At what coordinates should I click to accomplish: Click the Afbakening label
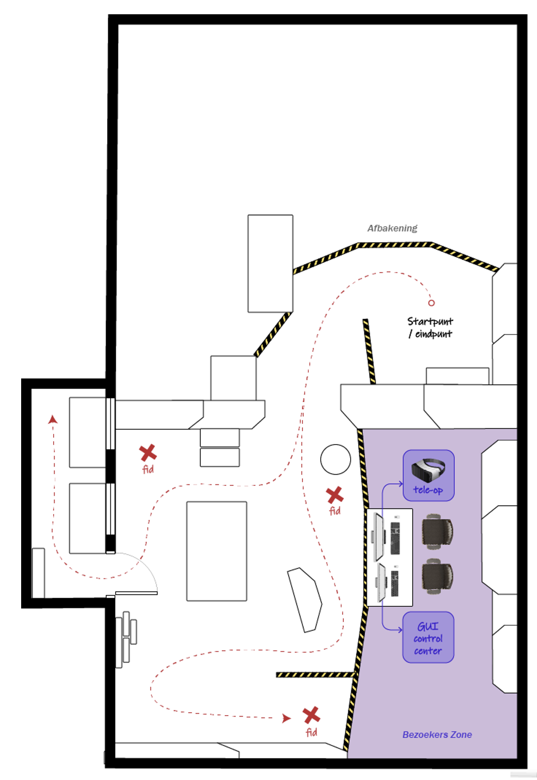pos(392,228)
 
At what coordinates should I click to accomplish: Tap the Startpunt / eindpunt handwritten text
pos(430,328)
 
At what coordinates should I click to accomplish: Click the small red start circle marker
pos(431,303)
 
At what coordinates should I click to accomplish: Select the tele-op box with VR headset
pos(428,476)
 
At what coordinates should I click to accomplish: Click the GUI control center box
pos(428,637)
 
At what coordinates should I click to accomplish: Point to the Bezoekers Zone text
pos(437,735)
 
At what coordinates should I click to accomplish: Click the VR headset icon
pos(428,469)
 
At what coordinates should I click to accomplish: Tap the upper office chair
pos(437,532)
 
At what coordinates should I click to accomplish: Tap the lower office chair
pos(437,576)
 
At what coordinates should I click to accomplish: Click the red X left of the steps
pos(148,452)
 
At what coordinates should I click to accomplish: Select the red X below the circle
pos(335,495)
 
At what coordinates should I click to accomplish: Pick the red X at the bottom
pos(311,715)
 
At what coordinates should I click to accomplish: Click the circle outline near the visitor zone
pos(335,459)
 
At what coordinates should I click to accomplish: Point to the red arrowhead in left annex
pos(53,420)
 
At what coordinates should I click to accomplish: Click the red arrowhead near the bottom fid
pos(286,719)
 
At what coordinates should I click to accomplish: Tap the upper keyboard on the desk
pos(395,538)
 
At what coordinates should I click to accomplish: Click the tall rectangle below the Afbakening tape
pos(270,264)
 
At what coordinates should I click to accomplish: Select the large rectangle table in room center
pos(216,551)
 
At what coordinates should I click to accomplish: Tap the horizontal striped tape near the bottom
pos(315,674)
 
